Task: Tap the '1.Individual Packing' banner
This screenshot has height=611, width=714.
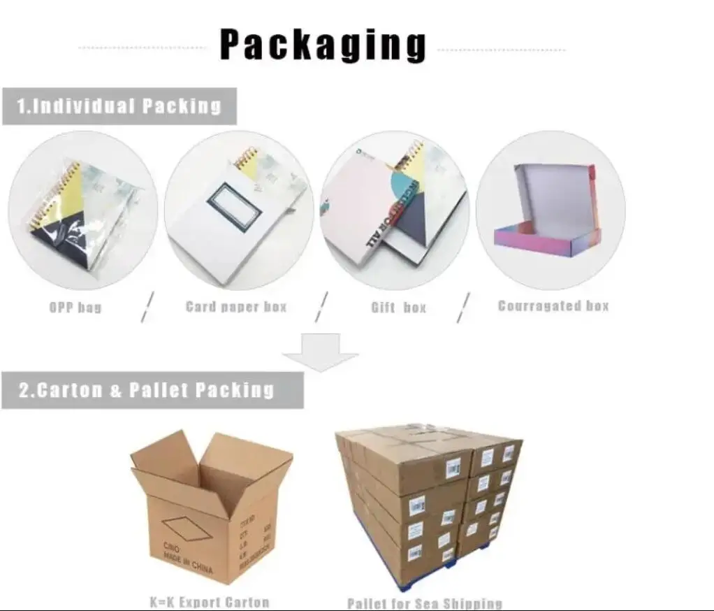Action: [119, 106]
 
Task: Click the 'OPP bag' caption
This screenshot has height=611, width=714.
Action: [75, 307]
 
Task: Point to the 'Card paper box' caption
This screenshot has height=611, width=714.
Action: [236, 306]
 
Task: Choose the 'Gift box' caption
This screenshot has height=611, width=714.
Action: [398, 307]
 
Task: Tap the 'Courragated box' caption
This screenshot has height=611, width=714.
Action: [553, 305]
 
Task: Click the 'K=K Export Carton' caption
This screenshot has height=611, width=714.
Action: [210, 602]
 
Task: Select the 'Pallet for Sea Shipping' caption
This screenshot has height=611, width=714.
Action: [425, 603]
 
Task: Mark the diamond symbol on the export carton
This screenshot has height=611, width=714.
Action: [187, 528]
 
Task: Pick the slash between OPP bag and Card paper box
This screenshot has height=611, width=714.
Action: [147, 308]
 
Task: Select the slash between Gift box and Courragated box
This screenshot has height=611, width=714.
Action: [463, 308]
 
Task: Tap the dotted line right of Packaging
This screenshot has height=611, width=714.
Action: [501, 50]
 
